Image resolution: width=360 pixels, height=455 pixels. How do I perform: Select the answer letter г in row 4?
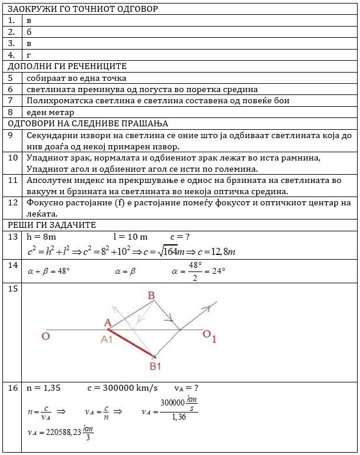click(29, 55)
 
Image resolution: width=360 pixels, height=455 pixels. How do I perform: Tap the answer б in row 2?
click(29, 32)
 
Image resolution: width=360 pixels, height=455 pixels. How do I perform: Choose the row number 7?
click(11, 101)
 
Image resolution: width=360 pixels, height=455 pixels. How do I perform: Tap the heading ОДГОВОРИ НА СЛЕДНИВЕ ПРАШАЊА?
click(88, 123)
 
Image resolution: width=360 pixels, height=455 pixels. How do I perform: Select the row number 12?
click(12, 203)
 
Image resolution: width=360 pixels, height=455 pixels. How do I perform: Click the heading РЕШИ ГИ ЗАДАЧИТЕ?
click(52, 225)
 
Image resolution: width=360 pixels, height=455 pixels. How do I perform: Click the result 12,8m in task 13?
click(223, 251)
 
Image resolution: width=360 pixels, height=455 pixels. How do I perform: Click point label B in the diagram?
click(151, 295)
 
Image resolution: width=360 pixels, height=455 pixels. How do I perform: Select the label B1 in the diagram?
click(155, 366)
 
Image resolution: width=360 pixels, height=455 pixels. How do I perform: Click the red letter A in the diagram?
click(107, 323)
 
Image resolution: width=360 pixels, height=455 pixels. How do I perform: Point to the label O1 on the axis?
click(210, 336)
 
